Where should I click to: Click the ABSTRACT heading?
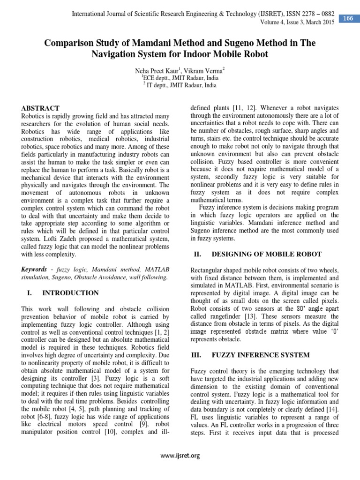point(41,108)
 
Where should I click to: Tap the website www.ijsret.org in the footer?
point(180,455)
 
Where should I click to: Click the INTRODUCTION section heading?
point(70,293)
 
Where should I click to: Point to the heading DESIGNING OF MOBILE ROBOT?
point(267,254)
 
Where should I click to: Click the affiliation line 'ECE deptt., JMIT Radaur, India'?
point(180,78)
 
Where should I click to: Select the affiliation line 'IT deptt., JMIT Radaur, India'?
point(180,85)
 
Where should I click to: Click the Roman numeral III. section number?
point(195,355)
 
